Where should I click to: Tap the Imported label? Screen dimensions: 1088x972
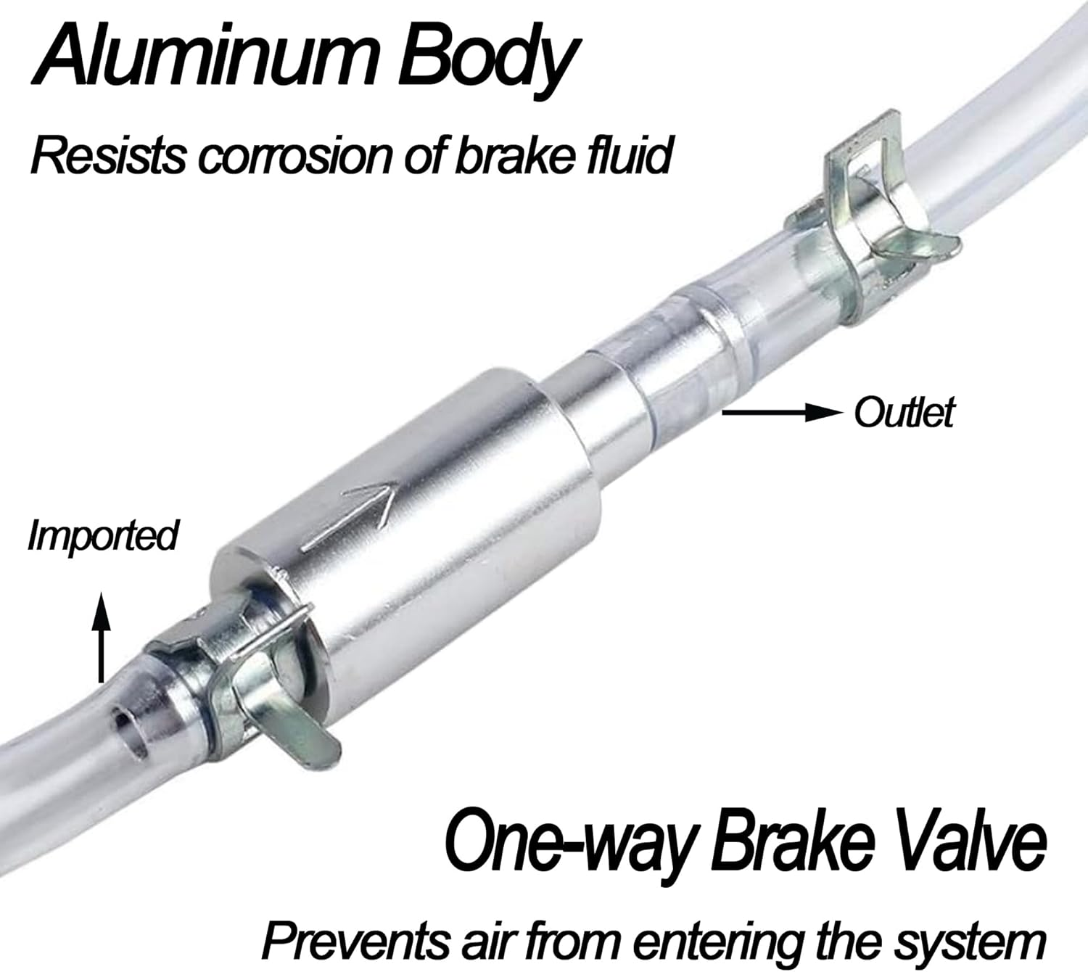click(102, 536)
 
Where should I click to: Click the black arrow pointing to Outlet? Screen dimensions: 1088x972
click(781, 413)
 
